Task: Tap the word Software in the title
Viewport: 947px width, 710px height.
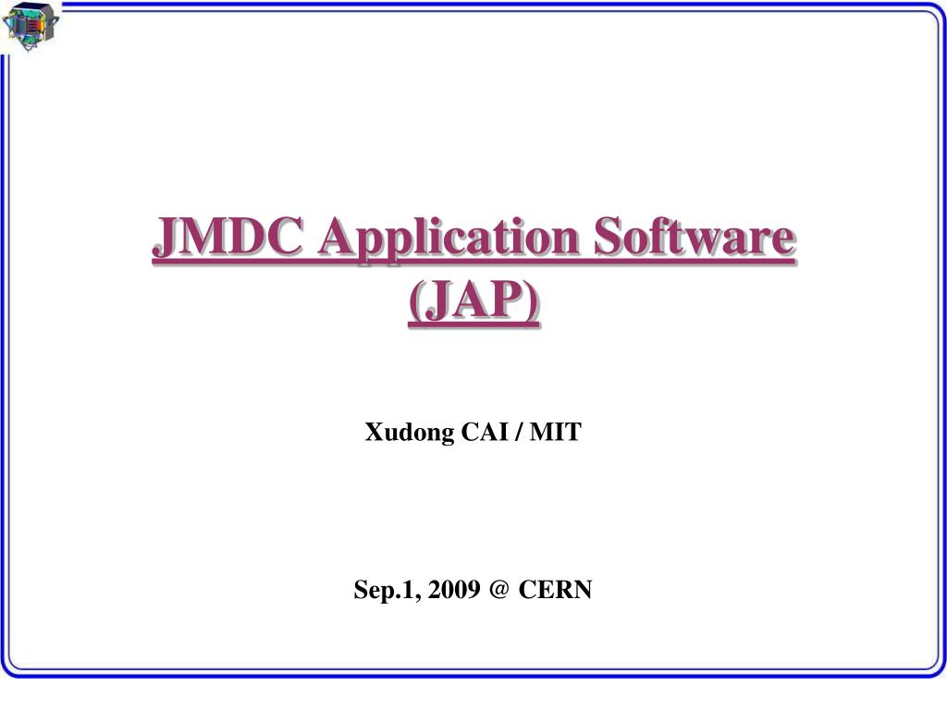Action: coord(694,239)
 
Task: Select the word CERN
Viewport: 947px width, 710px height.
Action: coord(555,590)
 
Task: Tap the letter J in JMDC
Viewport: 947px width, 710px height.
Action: coord(166,239)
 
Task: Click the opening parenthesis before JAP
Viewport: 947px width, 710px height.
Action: coord(413,301)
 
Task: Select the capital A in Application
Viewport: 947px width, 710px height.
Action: coord(335,239)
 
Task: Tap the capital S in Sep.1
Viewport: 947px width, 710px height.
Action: coord(361,590)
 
